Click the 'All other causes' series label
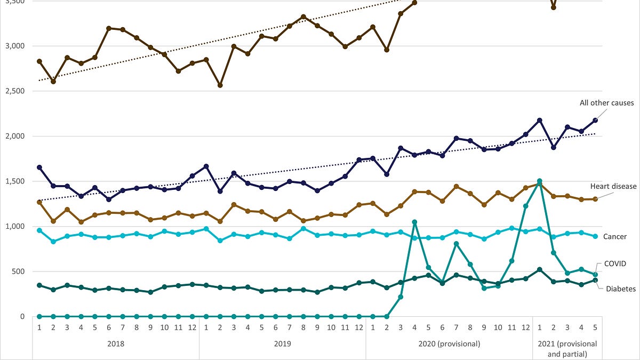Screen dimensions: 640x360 click(606, 103)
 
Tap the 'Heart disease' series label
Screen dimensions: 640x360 click(613, 186)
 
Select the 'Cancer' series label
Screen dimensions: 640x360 click(615, 237)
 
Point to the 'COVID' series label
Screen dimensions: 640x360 click(615, 263)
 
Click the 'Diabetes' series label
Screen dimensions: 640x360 click(621, 289)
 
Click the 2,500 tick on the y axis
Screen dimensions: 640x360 click(15, 91)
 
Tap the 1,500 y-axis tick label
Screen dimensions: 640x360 click(15, 181)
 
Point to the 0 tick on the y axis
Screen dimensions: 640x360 click(22, 317)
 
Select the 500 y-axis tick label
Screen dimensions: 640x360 click(18, 271)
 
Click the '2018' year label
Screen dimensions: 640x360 click(116, 343)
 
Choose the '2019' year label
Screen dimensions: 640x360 click(282, 343)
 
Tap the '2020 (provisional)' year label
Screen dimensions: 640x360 click(449, 343)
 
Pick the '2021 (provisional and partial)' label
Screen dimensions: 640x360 click(567, 349)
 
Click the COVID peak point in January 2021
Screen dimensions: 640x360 click(540, 181)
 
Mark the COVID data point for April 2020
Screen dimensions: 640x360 click(414, 222)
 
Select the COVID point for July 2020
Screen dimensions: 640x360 click(457, 244)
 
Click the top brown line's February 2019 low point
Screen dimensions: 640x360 click(220, 85)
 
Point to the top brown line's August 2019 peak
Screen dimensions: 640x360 click(303, 17)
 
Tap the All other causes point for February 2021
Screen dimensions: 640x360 click(554, 147)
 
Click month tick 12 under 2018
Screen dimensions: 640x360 click(193, 327)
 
